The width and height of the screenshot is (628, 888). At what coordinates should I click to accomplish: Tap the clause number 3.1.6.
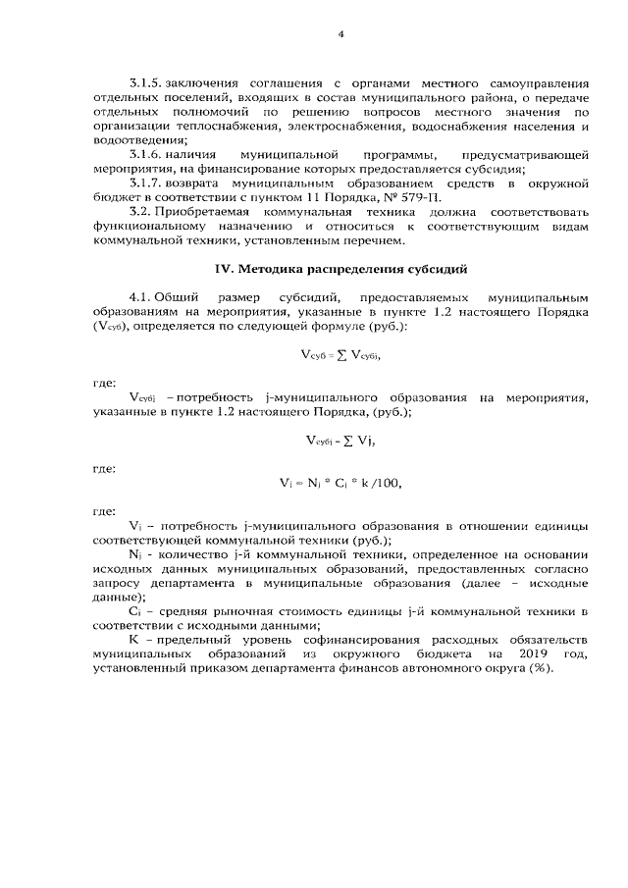pos(145,155)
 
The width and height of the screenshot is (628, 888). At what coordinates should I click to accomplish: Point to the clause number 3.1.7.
pos(145,183)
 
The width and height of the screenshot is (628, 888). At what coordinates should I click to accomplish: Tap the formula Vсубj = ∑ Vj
pos(340,441)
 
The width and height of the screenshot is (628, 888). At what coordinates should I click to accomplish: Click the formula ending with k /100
pos(340,482)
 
